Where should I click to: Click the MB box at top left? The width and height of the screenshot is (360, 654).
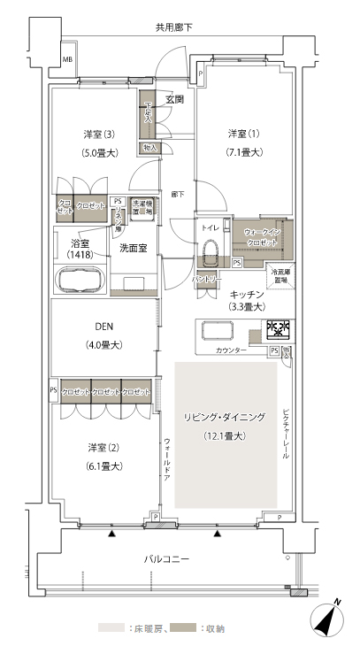tap(65, 60)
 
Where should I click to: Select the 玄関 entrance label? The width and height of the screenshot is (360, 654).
tap(173, 99)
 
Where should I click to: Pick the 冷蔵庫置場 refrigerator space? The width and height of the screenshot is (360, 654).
tap(280, 275)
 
